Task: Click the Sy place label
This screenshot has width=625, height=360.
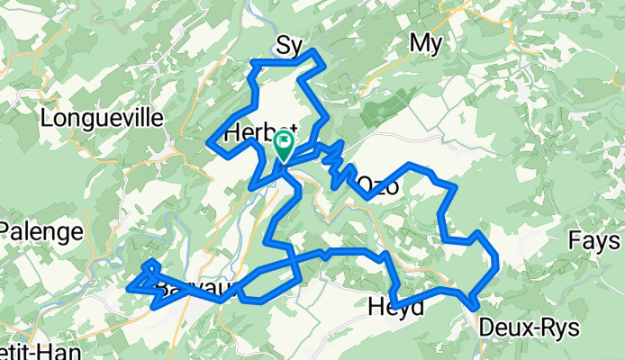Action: tap(288, 44)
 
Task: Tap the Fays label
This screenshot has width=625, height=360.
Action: tap(593, 240)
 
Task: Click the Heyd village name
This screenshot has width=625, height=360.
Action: tap(396, 308)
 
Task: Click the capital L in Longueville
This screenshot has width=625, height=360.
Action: tap(47, 118)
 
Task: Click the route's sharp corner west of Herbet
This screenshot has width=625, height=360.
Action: tap(209, 142)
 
